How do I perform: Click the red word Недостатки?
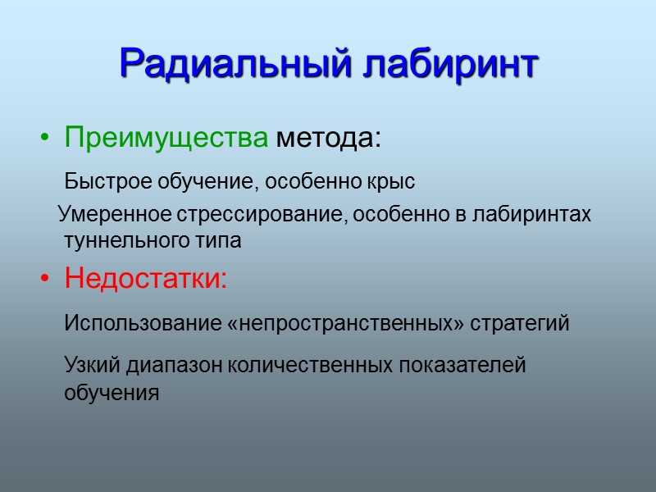click(147, 280)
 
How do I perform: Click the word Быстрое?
click(101, 180)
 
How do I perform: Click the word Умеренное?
click(113, 215)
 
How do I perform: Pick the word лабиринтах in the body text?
click(534, 215)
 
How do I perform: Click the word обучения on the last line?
click(111, 392)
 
